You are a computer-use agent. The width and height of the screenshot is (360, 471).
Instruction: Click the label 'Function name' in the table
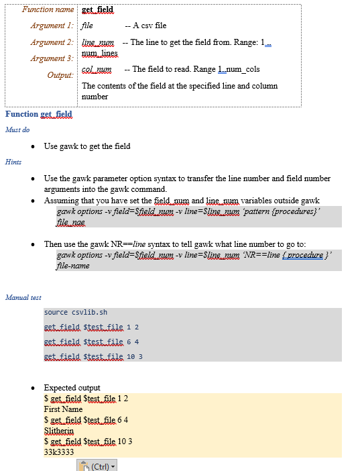click(x=48, y=9)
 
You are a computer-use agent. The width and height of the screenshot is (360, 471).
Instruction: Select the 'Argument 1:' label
click(x=52, y=25)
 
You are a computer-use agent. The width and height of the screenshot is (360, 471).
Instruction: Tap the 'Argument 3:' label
click(x=52, y=58)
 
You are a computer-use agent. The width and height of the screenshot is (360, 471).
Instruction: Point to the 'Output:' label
click(x=60, y=74)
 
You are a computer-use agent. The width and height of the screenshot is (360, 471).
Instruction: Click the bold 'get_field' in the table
click(x=97, y=10)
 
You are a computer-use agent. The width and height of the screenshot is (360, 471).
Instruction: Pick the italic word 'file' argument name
click(x=87, y=25)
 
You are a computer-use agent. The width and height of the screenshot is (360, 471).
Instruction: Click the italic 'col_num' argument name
click(x=97, y=69)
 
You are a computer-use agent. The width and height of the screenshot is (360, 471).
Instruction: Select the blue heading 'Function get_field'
click(x=39, y=114)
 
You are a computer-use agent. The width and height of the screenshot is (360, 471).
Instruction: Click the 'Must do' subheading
click(x=17, y=129)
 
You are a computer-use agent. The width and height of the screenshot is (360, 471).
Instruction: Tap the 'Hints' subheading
click(x=13, y=162)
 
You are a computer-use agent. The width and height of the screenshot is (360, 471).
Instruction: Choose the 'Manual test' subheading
click(x=23, y=297)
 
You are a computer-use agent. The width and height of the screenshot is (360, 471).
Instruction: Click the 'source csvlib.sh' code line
click(x=75, y=313)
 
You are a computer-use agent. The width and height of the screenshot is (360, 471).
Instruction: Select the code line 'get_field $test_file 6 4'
click(x=91, y=342)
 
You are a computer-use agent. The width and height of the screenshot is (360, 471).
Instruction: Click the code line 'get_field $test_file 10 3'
click(x=93, y=356)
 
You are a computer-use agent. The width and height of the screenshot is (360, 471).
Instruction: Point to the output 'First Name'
click(x=63, y=409)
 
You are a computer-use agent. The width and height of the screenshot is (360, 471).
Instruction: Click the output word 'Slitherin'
click(x=63, y=430)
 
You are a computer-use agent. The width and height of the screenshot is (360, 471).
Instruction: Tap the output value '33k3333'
click(x=59, y=452)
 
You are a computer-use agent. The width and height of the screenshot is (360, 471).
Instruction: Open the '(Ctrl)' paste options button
click(x=97, y=466)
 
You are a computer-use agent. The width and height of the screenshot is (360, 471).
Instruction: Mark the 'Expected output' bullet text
click(x=72, y=388)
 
